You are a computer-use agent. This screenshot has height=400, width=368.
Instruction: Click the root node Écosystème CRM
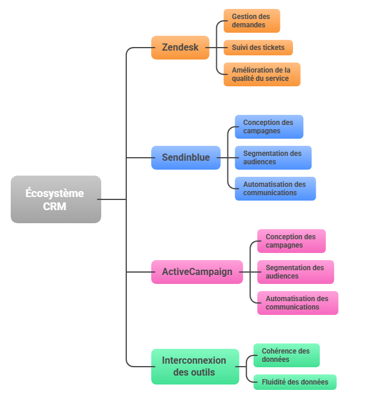coord(55,199)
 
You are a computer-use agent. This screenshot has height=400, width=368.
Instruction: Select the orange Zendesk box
coord(180,48)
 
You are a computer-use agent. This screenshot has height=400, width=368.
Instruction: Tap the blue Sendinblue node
coord(186,158)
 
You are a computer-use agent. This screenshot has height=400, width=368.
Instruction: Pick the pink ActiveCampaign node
coord(197,272)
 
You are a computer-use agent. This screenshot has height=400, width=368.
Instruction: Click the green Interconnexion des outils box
coord(195,367)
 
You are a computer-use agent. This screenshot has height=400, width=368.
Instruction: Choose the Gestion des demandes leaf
coord(251,21)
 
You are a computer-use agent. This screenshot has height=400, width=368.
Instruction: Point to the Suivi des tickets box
coord(258,48)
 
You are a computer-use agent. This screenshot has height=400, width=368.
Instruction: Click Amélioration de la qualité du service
coord(261,74)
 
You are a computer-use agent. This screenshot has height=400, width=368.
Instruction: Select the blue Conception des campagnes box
coord(269,127)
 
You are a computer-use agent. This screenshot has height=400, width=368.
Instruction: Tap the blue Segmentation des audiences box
coord(273,158)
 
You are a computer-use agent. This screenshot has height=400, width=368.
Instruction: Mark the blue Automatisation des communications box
coord(275,189)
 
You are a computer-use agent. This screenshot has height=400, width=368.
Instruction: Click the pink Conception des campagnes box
coord(291,241)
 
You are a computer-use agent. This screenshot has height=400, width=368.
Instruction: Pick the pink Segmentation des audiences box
coord(295,272)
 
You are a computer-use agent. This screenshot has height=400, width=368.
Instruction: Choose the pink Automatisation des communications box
coord(297,303)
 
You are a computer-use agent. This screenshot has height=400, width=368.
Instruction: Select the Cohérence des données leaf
coord(286,355)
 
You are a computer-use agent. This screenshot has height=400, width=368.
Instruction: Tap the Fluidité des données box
coord(294,382)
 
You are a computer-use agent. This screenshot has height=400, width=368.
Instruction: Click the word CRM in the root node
coord(55,207)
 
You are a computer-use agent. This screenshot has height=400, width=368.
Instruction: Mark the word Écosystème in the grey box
coord(55,193)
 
